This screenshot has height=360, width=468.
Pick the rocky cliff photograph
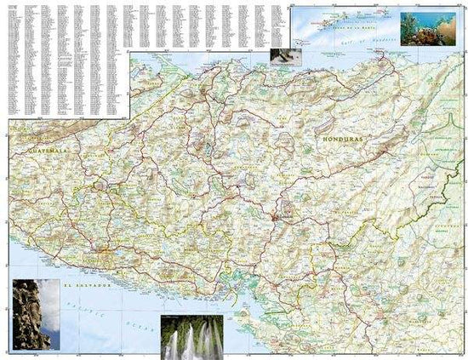tap(37, 315)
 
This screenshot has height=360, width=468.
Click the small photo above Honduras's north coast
tap(282, 55)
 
